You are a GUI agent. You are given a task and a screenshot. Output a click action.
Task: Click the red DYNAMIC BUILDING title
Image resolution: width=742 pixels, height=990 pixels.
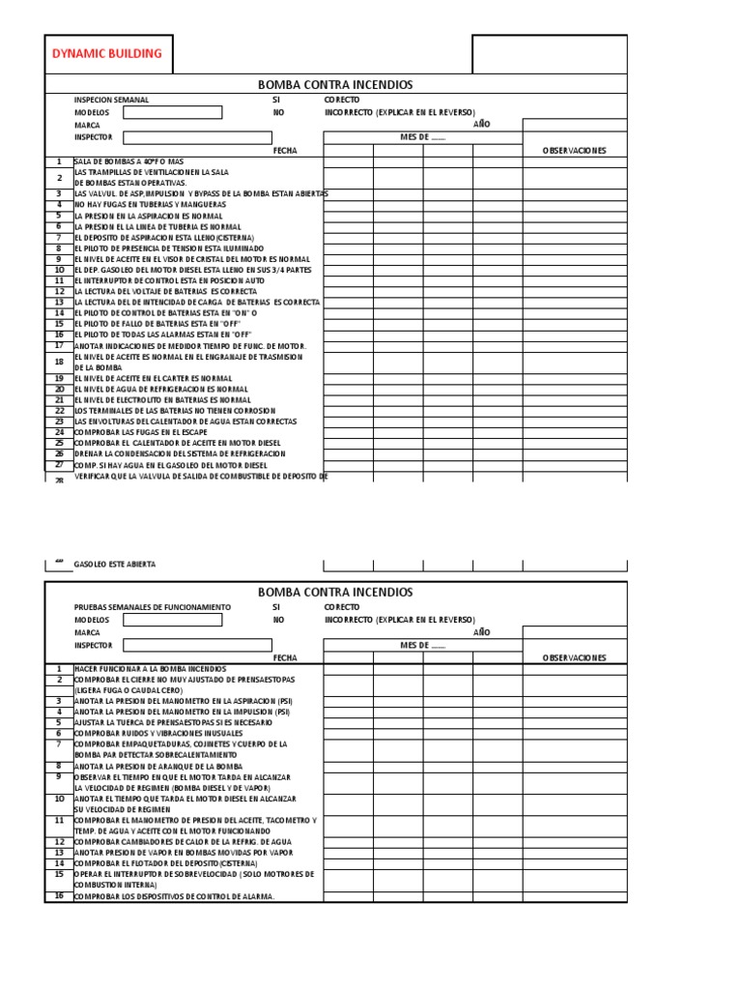pyautogui.click(x=107, y=54)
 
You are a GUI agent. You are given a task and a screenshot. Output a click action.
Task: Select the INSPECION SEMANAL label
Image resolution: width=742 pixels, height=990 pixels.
pyautogui.click(x=111, y=100)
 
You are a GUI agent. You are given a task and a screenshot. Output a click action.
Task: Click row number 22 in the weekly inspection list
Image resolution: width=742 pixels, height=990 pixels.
pyautogui.click(x=59, y=411)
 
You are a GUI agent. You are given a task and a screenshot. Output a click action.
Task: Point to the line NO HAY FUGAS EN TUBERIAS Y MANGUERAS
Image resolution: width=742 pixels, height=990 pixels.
pyautogui.click(x=150, y=205)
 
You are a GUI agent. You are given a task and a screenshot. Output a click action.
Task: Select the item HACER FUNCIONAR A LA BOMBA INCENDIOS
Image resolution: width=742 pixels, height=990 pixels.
pyautogui.click(x=150, y=669)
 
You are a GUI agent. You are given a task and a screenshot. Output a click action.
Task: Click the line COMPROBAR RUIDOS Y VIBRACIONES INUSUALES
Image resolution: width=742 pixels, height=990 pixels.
pyautogui.click(x=159, y=734)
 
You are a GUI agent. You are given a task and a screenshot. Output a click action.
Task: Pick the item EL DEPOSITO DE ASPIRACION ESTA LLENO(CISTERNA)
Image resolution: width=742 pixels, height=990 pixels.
pyautogui.click(x=164, y=237)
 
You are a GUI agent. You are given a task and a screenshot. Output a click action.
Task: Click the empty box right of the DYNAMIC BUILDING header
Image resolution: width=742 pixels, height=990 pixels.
pyautogui.click(x=549, y=54)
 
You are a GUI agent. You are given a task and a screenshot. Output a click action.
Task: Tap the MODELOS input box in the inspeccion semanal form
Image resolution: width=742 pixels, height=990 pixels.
pyautogui.click(x=172, y=112)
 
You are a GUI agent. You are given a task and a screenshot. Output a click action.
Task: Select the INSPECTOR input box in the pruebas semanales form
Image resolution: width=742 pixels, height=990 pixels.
pyautogui.click(x=172, y=645)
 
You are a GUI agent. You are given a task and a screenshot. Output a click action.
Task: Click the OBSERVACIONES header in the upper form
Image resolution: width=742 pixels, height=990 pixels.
pyautogui.click(x=574, y=151)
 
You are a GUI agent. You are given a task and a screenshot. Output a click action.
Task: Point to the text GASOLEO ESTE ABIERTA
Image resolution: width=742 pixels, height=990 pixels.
pyautogui.click(x=114, y=564)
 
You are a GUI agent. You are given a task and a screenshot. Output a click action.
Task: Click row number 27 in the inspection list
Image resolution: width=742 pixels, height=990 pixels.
pyautogui.click(x=59, y=464)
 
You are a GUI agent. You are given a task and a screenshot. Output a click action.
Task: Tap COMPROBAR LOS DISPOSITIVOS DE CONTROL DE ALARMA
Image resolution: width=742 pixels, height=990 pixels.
pyautogui.click(x=174, y=896)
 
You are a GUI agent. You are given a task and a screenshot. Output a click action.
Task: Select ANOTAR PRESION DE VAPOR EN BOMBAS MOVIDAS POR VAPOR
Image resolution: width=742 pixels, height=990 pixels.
pyautogui.click(x=183, y=853)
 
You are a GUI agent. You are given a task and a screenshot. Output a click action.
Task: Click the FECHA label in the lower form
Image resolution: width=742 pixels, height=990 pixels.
pyautogui.click(x=285, y=657)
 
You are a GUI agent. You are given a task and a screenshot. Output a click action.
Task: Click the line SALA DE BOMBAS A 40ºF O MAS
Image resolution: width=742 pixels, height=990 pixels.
pyautogui.click(x=128, y=161)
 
